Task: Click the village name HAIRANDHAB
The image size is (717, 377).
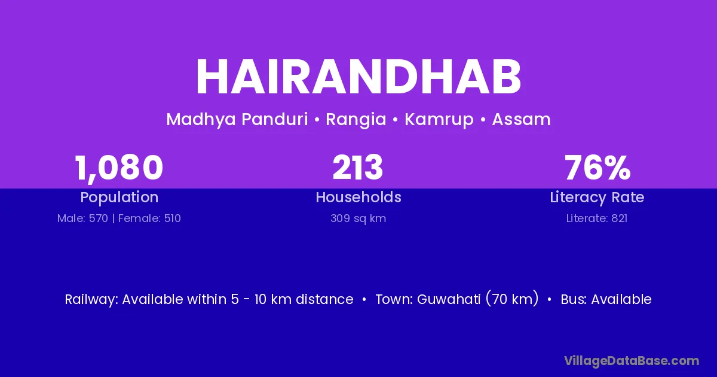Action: coord(358,77)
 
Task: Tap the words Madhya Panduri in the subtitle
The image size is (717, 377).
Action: coord(237,120)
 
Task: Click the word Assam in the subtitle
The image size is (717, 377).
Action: coord(521,119)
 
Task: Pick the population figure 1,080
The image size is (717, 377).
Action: coord(119,168)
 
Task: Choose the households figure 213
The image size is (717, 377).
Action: coord(358,167)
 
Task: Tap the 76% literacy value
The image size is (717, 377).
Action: coord(597,168)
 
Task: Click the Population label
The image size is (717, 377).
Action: coord(119,197)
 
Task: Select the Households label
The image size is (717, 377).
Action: coord(358,197)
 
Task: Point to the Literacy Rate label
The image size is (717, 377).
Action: coord(597,197)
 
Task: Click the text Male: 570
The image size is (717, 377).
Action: coord(82,218)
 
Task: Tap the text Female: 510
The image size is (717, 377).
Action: coord(149,218)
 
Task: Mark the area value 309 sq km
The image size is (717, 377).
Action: coord(358,218)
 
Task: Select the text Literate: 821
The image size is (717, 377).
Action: coord(597,218)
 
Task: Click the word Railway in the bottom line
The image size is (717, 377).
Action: coord(91,300)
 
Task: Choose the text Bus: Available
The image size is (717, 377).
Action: coord(606,299)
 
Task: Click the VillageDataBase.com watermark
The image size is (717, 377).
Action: coord(632,361)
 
